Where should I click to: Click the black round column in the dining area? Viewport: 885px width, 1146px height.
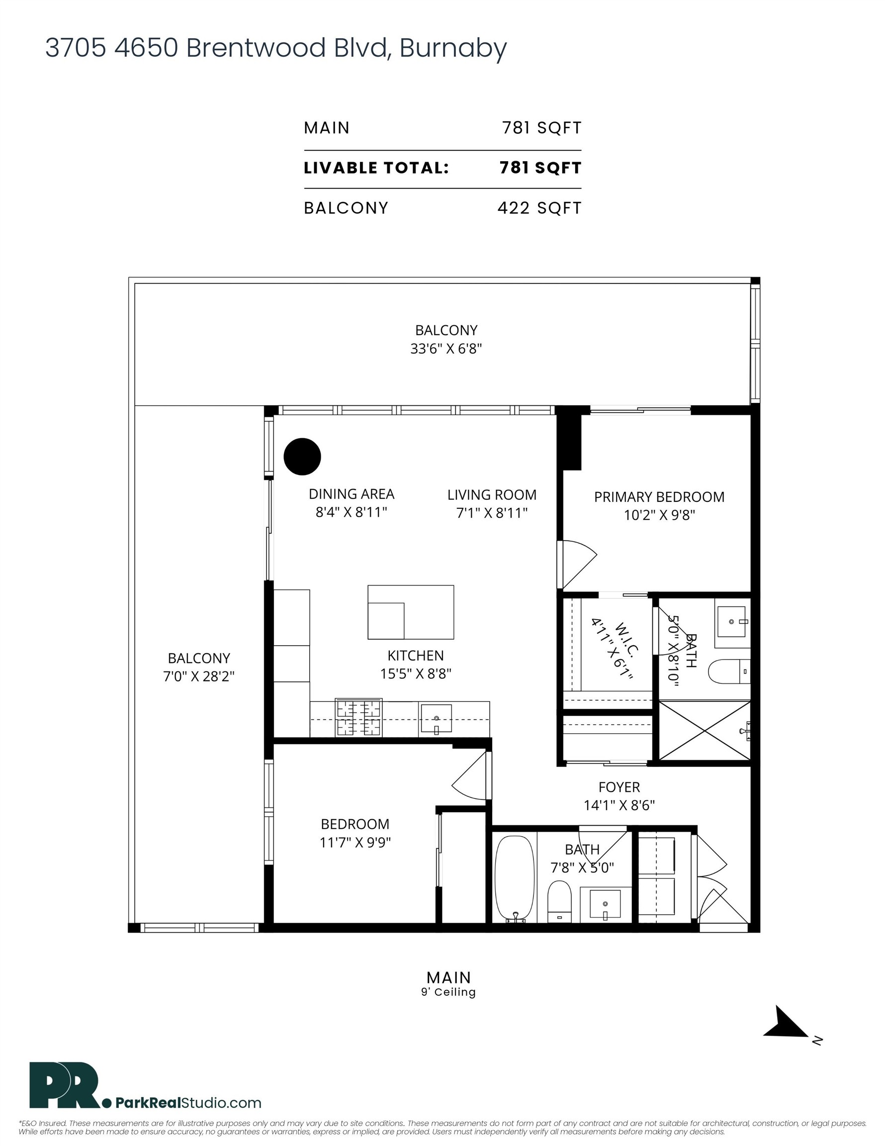302,457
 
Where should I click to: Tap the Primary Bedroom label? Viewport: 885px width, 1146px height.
658,497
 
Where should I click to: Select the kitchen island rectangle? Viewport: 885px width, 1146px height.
410,612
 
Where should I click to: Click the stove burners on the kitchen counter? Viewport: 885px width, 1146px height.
358,717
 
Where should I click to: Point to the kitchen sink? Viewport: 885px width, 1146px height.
436,719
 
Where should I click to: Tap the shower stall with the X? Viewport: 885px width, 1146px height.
704,730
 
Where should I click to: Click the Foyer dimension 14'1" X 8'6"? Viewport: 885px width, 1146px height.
619,805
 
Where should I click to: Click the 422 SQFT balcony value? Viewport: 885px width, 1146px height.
539,208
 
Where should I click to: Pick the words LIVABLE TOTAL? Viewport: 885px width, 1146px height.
376,168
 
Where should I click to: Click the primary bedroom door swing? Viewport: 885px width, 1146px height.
578,564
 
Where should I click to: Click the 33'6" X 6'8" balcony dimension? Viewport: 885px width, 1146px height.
446,348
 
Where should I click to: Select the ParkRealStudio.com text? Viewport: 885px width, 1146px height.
188,1102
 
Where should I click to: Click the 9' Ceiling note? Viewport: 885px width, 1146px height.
448,992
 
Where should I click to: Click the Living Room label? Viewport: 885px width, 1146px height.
492,495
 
